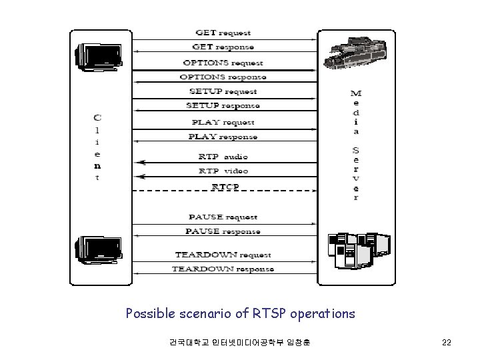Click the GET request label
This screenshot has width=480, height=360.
tap(223, 32)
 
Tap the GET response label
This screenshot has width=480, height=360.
tap(223, 47)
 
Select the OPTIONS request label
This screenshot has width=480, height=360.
tap(223, 63)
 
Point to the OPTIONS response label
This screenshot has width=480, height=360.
tap(223, 77)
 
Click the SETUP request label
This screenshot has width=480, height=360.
tap(223, 91)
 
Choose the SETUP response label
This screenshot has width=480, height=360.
tap(223, 106)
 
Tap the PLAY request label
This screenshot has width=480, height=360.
tap(223, 122)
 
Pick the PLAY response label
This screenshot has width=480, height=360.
tap(224, 137)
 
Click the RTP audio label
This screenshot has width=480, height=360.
tap(223, 157)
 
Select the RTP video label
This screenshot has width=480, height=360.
tap(223, 171)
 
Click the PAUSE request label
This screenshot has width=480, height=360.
tap(223, 217)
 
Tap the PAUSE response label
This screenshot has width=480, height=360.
tap(223, 231)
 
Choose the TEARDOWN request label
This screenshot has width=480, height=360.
tap(223, 255)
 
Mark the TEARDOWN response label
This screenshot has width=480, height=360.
tap(223, 269)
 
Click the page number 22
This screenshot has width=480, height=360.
tap(447, 343)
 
